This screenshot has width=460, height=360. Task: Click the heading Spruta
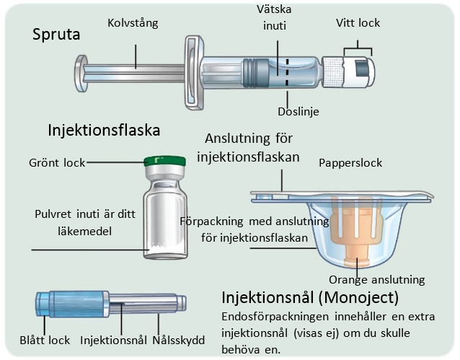click(x=56, y=35)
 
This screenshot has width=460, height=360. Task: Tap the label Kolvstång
click(x=133, y=23)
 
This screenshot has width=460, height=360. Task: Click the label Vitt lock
click(x=358, y=23)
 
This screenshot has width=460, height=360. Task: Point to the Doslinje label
click(x=298, y=112)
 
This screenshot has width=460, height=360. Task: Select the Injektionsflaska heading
click(x=104, y=130)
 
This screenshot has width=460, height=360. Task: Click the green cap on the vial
click(x=164, y=162)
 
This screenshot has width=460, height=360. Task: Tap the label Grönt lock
click(x=57, y=162)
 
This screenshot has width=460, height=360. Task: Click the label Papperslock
click(x=350, y=163)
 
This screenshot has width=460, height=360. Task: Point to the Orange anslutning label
click(x=376, y=280)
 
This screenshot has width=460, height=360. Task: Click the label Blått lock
click(x=45, y=341)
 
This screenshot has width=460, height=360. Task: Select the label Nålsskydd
click(x=178, y=341)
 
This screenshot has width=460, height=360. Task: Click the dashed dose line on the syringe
click(x=288, y=73)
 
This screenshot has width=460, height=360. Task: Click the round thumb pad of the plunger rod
click(x=80, y=74)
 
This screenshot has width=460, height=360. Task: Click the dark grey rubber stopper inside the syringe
click(x=256, y=73)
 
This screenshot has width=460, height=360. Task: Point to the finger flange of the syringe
click(x=194, y=73)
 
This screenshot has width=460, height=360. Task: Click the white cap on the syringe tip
click(x=358, y=73)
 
